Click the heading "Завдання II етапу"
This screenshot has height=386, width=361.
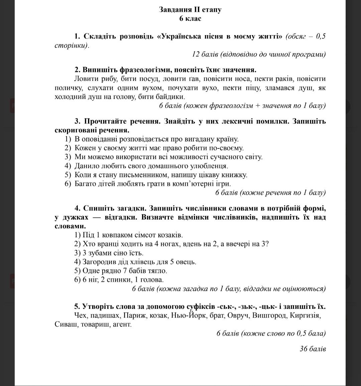point(190,10)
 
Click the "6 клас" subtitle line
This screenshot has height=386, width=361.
point(190,19)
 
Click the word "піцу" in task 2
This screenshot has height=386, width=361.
point(253,88)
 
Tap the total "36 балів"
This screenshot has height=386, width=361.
point(313,349)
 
